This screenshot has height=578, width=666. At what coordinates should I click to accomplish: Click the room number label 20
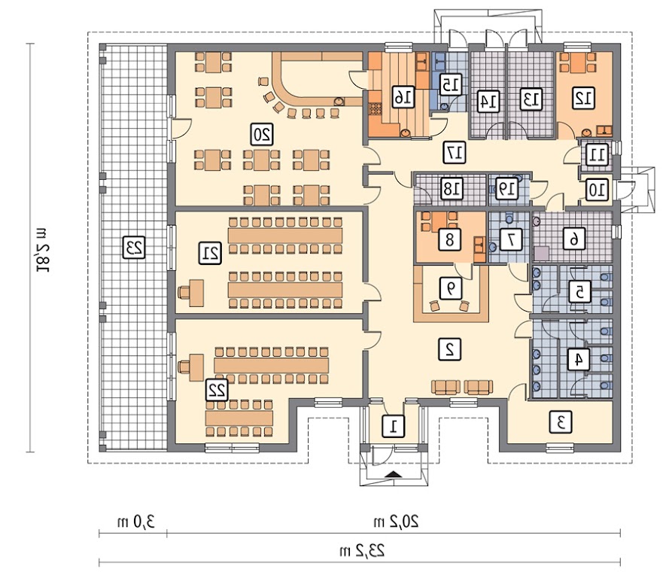tap(262, 135)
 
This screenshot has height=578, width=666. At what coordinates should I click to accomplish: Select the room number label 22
tap(217, 389)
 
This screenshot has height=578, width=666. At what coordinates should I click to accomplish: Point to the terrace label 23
tap(134, 247)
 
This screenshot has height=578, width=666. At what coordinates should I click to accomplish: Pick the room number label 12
tap(581, 97)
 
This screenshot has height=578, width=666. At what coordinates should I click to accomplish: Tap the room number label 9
tap(449, 287)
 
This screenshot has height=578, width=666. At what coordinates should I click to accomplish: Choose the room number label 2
tap(449, 348)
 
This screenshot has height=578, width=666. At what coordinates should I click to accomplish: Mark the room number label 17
tap(453, 151)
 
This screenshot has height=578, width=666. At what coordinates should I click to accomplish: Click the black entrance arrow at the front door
tap(394, 473)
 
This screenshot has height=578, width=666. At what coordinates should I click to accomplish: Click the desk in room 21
tap(194, 292)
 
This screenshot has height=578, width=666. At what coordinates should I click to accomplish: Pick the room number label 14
tap(488, 99)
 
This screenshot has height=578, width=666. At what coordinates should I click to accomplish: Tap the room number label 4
tap(578, 359)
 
